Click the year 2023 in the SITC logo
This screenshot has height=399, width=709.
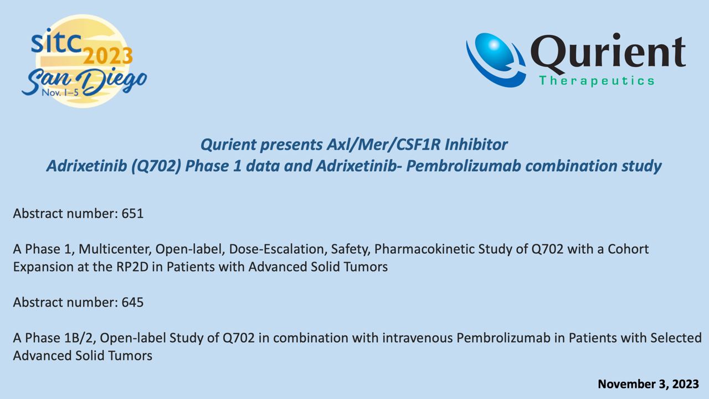coord(107,56)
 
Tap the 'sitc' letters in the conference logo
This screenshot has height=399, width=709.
coord(56,41)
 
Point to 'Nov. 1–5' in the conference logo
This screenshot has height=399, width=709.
coord(60,93)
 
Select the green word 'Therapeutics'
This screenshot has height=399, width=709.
coord(597,81)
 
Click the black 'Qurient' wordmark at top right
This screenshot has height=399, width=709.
coord(608,52)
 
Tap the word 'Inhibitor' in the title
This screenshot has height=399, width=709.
coord(476,145)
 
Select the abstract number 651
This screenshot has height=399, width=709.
coord(132,213)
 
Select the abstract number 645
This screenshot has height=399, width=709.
coord(132,302)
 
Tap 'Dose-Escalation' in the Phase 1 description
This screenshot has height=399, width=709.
coord(278,249)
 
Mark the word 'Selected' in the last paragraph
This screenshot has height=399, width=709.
coord(676,338)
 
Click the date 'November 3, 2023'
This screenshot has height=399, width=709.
coord(648,384)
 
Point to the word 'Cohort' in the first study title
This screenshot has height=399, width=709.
coord(628,249)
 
